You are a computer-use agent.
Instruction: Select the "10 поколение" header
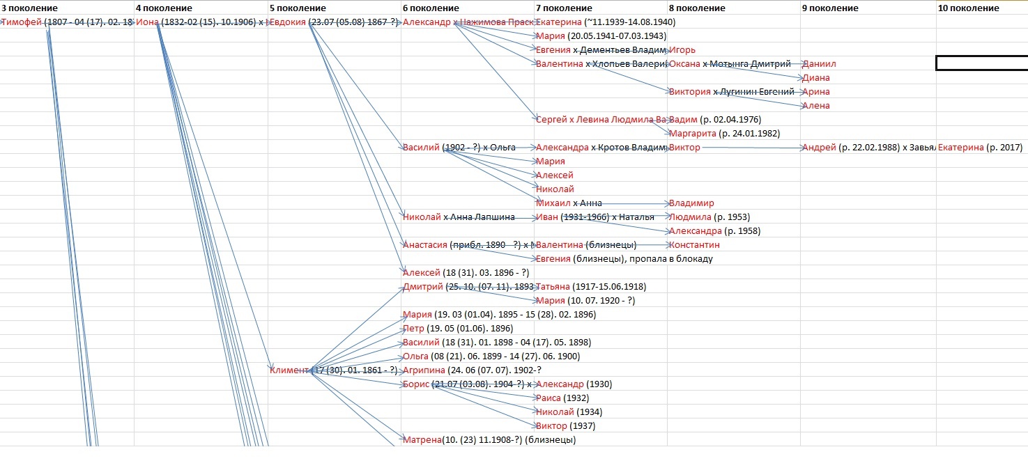pyautogui.click(x=968, y=8)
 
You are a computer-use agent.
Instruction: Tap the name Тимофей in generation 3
pyautogui.click(x=22, y=22)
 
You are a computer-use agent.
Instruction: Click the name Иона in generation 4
pyautogui.click(x=147, y=22)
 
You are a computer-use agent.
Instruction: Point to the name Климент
pyautogui.click(x=289, y=370)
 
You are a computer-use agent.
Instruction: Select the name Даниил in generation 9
pyautogui.click(x=819, y=64)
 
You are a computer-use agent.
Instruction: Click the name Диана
pyautogui.click(x=816, y=78)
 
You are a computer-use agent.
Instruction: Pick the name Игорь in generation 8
pyautogui.click(x=682, y=50)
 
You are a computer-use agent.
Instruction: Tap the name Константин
pyautogui.click(x=694, y=245)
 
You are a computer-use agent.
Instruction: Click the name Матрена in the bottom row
pyautogui.click(x=422, y=440)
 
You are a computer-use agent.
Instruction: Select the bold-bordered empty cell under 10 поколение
pyautogui.click(x=981, y=63)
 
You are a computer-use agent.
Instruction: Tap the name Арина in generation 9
pyautogui.click(x=816, y=92)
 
